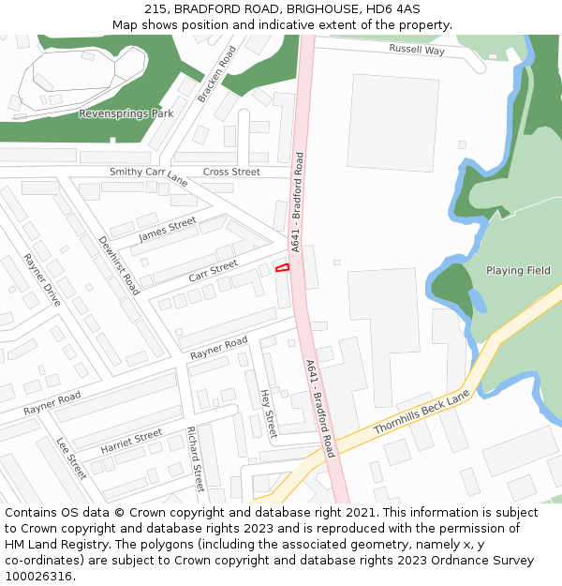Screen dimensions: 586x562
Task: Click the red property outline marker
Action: (282, 268)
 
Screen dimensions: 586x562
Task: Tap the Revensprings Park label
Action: (126, 113)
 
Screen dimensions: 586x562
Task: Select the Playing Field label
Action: (518, 271)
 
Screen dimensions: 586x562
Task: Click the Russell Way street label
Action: (417, 50)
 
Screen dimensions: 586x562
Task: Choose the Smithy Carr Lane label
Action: (149, 175)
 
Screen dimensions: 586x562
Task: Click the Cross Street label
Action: (231, 172)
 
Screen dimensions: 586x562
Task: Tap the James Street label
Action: (168, 229)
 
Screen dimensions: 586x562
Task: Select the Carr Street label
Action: (213, 272)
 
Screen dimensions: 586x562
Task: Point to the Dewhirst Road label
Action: (119, 265)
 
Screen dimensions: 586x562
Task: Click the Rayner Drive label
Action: (42, 279)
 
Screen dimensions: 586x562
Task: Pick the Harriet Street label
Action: (131, 441)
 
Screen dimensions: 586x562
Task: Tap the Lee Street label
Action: (71, 458)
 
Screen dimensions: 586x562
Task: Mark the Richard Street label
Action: (195, 459)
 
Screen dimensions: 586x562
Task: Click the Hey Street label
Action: (269, 413)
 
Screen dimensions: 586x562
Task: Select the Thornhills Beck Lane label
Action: (421, 413)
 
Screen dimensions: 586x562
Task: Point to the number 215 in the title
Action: (155, 8)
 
